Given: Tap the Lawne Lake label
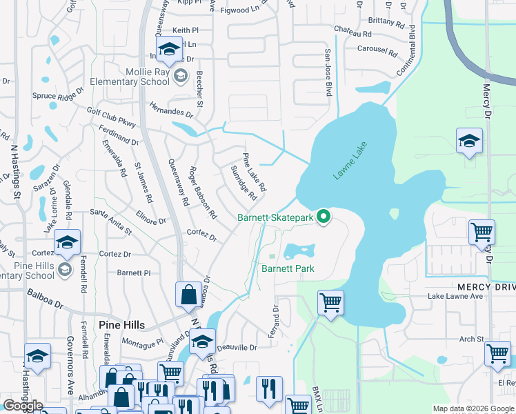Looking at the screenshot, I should pos(351,161).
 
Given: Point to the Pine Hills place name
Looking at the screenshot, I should pos(101,324).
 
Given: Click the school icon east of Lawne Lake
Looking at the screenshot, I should pos(469,141).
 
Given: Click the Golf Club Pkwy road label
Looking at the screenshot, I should pos(112,117).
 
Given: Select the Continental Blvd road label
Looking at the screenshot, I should pos(408,52).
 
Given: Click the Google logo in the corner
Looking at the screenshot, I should pos(22,405).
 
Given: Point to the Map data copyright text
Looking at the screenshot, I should pos(473,408).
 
